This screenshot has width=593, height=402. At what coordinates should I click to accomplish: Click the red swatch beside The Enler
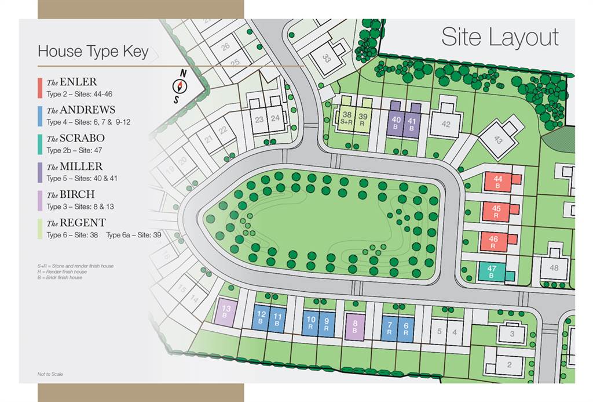[39, 88]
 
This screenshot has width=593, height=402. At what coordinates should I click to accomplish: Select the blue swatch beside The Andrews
[39, 115]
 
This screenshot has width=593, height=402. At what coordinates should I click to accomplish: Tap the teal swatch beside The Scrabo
[39, 144]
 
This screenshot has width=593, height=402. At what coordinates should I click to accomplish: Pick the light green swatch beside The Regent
[39, 229]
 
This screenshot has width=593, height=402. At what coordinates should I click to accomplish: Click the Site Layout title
[500, 37]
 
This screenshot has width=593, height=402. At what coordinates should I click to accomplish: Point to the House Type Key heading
[93, 52]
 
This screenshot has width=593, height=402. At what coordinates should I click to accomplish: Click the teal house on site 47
[492, 271]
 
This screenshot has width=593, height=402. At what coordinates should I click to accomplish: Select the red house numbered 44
[497, 182]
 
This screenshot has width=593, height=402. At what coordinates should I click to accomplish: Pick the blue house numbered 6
[405, 329]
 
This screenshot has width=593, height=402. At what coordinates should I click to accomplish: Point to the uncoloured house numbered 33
[327, 58]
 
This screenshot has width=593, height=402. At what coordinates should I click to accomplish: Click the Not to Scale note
[50, 374]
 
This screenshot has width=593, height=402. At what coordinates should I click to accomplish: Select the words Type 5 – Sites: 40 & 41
[82, 178]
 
